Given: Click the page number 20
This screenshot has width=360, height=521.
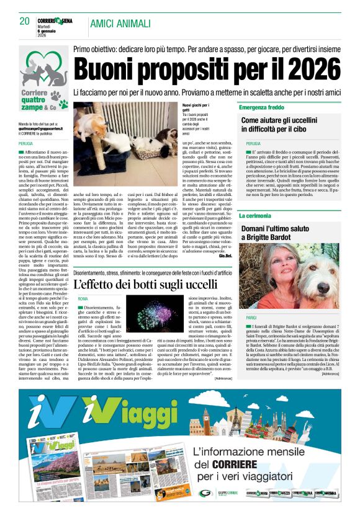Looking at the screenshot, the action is tap(25, 21).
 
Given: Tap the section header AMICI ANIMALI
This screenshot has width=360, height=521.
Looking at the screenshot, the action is tap(120, 24).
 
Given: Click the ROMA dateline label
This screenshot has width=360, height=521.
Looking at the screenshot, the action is tap(83, 299).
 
